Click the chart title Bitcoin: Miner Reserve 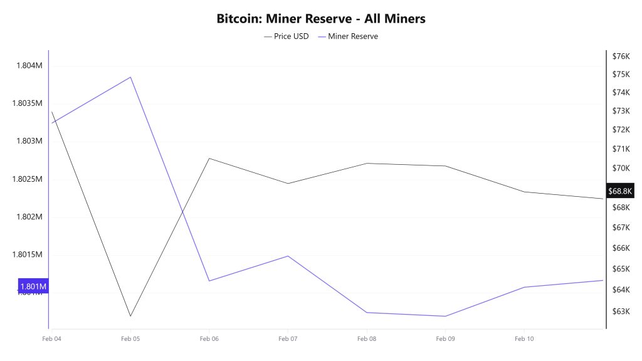(x=321, y=19)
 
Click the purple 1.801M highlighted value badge (x=33, y=287)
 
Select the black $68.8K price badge (x=621, y=190)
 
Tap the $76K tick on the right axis (x=621, y=56)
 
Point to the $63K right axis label (x=621, y=311)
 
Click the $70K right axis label (x=621, y=168)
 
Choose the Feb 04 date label (x=51, y=339)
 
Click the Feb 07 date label (x=288, y=339)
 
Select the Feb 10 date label (x=524, y=339)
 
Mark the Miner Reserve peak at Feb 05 (x=130, y=77)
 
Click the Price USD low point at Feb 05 (x=130, y=317)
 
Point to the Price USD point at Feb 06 (x=209, y=158)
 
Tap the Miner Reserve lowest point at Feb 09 (x=445, y=317)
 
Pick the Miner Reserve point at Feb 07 (x=288, y=256)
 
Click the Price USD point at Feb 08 (x=367, y=163)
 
